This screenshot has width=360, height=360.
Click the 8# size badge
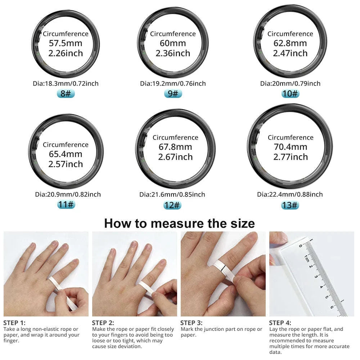point(66,94)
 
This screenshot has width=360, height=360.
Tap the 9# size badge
point(173,94)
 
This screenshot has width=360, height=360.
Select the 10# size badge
point(290,94)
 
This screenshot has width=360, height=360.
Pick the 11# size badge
point(66,205)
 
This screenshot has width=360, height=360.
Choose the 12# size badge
point(172,205)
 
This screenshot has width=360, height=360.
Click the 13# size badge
point(290,205)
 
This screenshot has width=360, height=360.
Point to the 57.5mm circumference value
point(66,44)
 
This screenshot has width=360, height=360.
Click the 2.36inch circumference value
point(173,53)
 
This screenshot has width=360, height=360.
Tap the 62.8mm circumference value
point(290,44)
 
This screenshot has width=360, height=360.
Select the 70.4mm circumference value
point(290,147)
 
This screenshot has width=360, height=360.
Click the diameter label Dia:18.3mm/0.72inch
point(66,84)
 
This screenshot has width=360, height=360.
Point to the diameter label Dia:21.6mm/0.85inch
point(172,194)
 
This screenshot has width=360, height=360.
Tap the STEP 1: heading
point(14,323)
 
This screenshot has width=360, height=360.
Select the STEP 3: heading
point(191,323)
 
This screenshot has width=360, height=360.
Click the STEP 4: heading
point(280,323)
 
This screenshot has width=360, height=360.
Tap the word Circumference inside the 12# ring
point(175,138)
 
